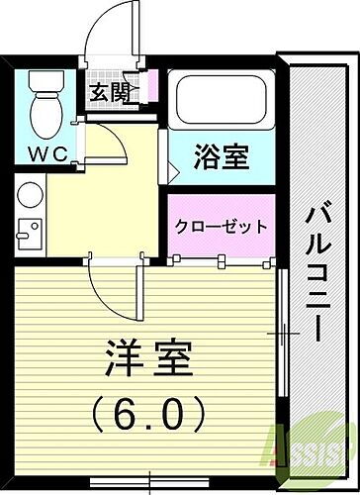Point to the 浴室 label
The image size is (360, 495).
pyautogui.click(x=220, y=156)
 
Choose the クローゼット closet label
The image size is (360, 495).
pyautogui.click(x=221, y=226)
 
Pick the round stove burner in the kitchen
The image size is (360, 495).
pyautogui.click(x=28, y=195)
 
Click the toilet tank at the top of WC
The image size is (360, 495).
pyautogui.click(x=44, y=80)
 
